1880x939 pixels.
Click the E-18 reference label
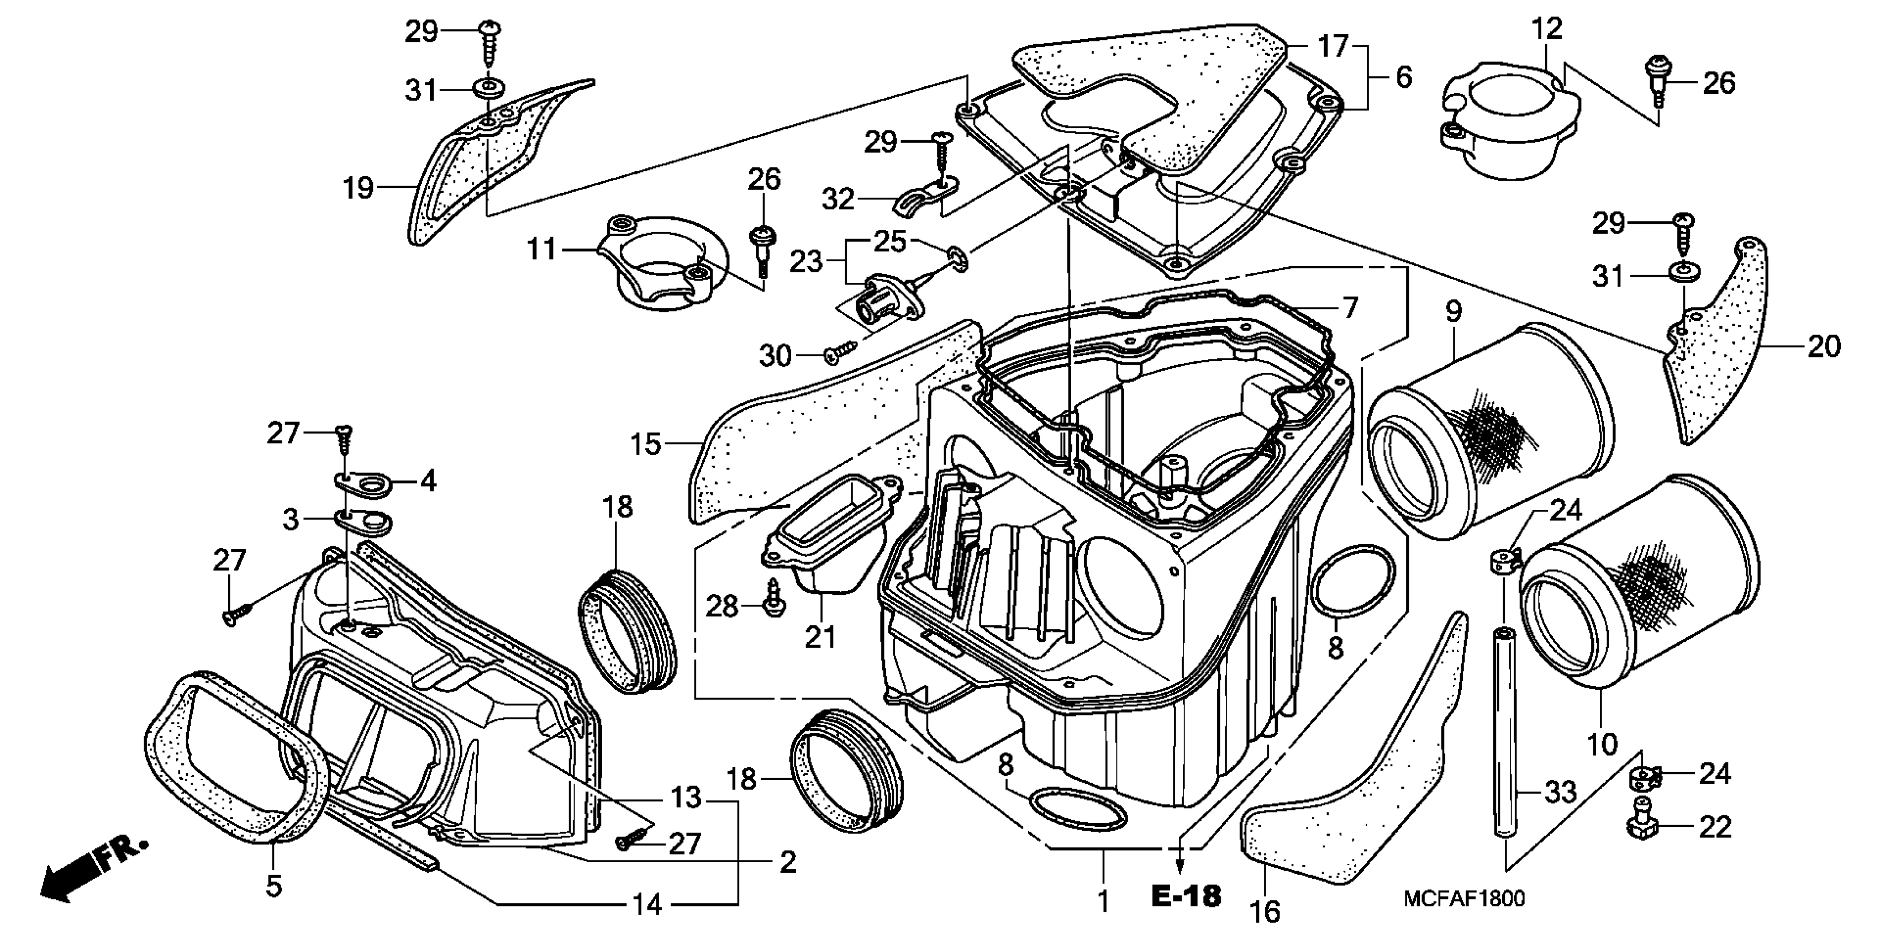(x=1186, y=896)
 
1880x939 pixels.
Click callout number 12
(x=1546, y=29)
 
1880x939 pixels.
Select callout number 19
(x=359, y=188)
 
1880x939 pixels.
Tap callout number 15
(x=645, y=444)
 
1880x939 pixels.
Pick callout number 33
(x=1561, y=792)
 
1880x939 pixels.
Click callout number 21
(x=820, y=637)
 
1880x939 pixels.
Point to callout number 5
(x=273, y=887)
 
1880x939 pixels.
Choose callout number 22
(x=1714, y=827)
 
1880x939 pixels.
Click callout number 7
(x=1350, y=307)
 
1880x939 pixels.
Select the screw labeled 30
(x=839, y=352)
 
